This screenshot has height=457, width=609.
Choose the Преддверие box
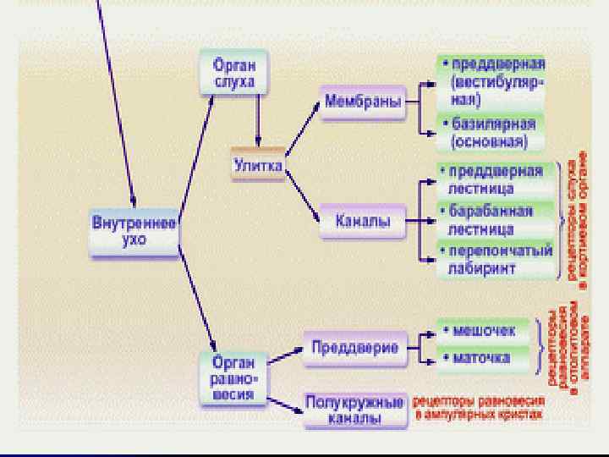[x=354, y=347]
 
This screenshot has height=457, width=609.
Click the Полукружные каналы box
[x=354, y=410]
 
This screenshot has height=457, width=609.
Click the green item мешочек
[x=482, y=328]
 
